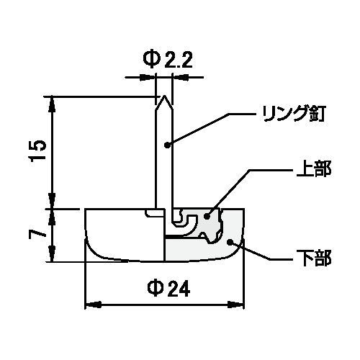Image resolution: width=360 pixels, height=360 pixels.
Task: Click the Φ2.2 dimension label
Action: click(x=168, y=60)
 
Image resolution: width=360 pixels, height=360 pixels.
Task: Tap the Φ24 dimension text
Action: click(x=168, y=288)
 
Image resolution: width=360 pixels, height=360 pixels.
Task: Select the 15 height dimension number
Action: click(x=37, y=150)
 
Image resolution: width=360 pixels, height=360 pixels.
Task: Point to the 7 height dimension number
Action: click(x=37, y=234)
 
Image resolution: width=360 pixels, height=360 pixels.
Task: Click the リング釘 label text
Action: click(x=294, y=114)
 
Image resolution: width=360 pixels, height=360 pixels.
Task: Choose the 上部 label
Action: click(x=314, y=169)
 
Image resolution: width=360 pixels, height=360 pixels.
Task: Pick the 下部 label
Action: click(x=314, y=258)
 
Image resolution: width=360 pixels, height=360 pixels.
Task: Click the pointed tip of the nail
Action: click(x=164, y=96)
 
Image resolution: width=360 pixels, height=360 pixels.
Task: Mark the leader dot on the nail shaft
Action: click(x=167, y=145)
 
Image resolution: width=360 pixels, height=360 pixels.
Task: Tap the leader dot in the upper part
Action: click(x=207, y=216)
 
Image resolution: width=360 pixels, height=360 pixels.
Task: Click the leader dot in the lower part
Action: click(x=230, y=242)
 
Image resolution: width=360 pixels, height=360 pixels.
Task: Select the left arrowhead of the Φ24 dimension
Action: click(x=94, y=305)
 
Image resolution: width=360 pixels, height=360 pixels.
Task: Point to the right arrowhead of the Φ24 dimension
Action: click(x=235, y=305)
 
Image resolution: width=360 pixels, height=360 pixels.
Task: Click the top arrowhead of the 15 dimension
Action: click(x=52, y=104)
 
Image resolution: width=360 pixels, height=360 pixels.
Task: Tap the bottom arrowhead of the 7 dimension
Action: click(x=52, y=254)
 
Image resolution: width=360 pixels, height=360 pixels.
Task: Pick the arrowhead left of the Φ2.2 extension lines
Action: click(x=148, y=77)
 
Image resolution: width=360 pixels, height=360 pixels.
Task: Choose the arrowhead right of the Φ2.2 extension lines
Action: click(x=180, y=77)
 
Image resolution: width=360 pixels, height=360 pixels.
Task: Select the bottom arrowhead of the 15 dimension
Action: click(x=52, y=201)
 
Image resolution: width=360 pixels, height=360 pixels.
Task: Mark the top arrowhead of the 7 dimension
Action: click(x=52, y=217)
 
